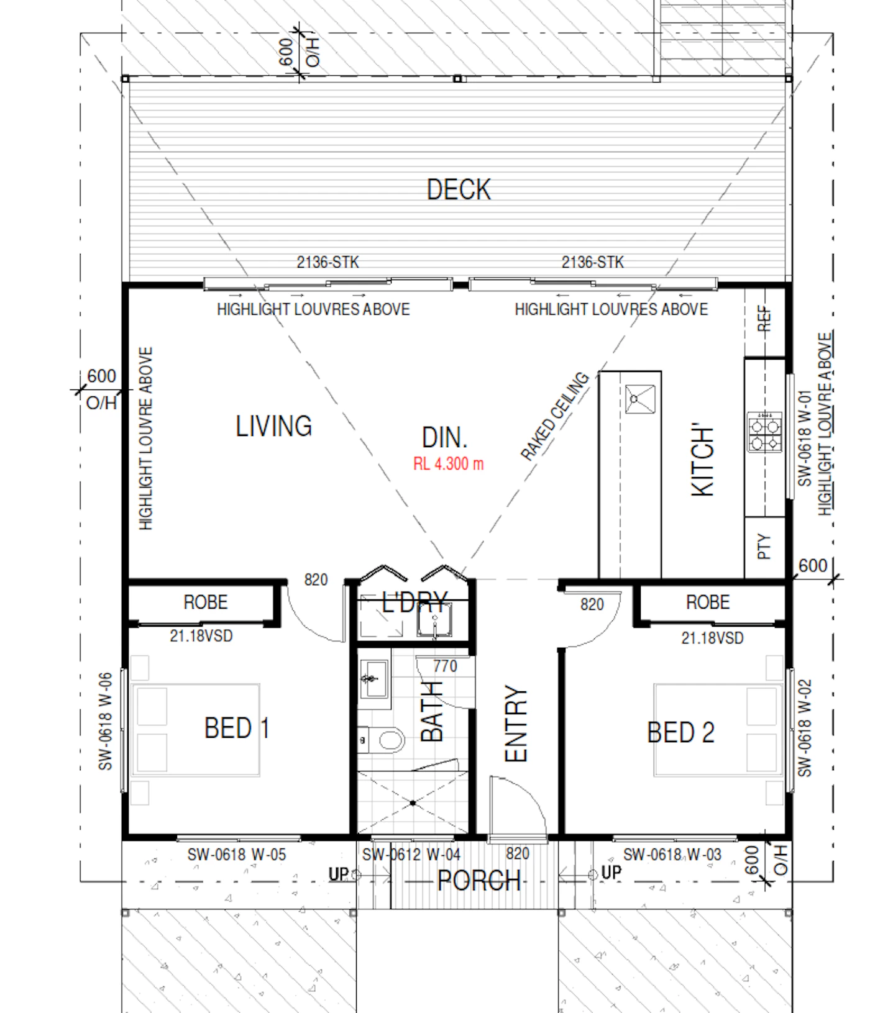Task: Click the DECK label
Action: [459, 189]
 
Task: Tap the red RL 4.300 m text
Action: [448, 464]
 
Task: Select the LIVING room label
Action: [273, 426]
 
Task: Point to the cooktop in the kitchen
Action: [764, 432]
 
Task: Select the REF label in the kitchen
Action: [764, 319]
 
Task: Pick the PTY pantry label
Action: [764, 547]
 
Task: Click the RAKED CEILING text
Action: [554, 416]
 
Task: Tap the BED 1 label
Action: [237, 728]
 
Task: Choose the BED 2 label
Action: [680, 732]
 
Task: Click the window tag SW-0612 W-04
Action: [411, 855]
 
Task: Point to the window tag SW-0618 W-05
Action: [237, 855]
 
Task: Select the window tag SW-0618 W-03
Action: [672, 855]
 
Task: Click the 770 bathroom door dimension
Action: [445, 666]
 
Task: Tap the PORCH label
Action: [478, 880]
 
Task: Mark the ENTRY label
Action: [516, 724]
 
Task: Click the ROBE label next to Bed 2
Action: [707, 602]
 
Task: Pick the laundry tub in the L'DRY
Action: [434, 619]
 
